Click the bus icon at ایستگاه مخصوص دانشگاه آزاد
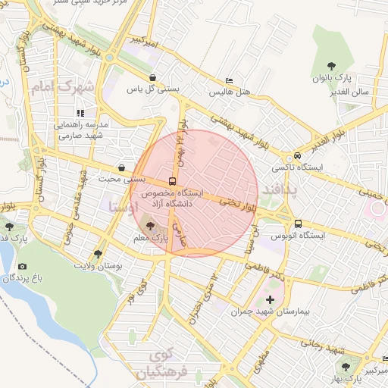(x=172, y=182)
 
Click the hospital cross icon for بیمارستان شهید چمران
(x=271, y=300)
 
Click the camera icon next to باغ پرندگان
(x=22, y=266)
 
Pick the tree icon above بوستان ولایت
(x=98, y=254)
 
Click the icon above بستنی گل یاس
(x=153, y=77)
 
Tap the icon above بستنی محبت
(x=121, y=167)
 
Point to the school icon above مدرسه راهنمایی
(x=81, y=113)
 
